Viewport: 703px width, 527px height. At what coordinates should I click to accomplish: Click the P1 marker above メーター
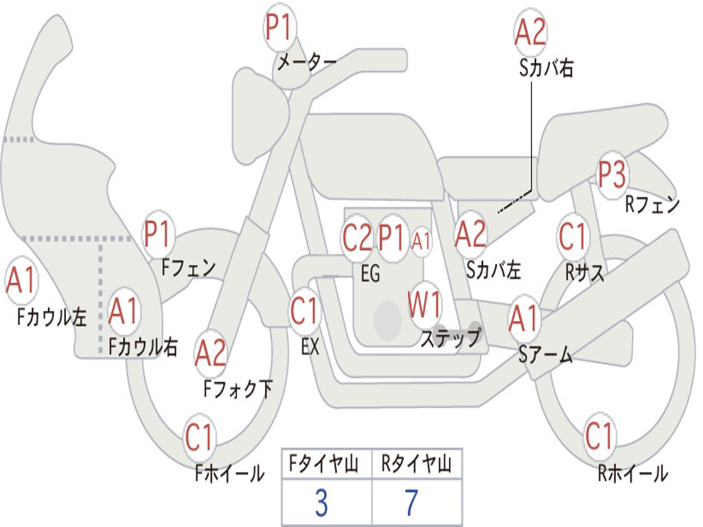(x=280, y=27)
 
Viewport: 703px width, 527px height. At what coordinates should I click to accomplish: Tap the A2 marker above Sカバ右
(x=531, y=32)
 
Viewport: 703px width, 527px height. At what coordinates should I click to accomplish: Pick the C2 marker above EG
(x=357, y=237)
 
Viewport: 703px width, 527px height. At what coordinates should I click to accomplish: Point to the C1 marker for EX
(x=304, y=311)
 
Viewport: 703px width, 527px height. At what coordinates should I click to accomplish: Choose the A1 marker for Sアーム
(x=522, y=318)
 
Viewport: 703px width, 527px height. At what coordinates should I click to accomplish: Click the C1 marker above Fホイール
(x=198, y=436)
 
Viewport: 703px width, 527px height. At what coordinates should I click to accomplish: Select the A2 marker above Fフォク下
(x=210, y=353)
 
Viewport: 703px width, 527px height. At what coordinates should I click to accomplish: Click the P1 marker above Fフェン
(x=157, y=233)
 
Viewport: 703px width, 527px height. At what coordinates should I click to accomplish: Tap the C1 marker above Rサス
(x=573, y=236)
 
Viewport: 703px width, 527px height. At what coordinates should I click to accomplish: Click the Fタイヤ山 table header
(x=324, y=463)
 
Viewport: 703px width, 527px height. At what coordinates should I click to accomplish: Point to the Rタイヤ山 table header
(x=417, y=463)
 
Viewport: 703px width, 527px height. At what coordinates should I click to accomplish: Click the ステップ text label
(x=451, y=337)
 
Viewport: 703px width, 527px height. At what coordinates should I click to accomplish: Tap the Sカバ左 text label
(x=493, y=270)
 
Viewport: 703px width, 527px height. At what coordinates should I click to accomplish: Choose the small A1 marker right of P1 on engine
(x=421, y=242)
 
